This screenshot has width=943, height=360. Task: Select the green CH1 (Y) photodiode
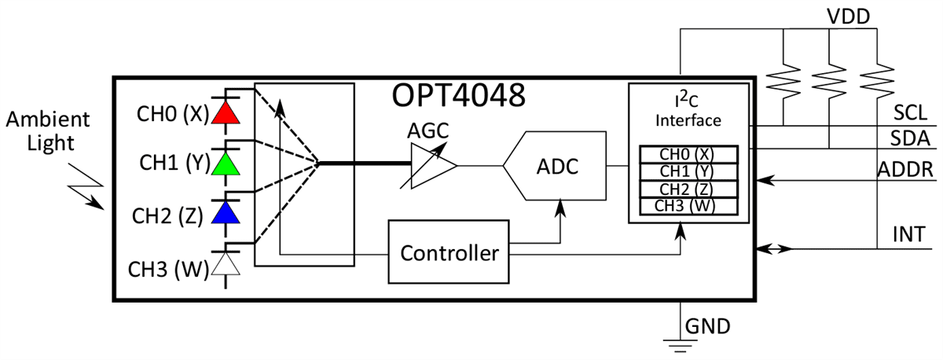(x=226, y=163)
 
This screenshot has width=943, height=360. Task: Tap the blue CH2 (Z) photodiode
(x=226, y=212)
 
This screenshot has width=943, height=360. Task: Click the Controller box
(x=449, y=253)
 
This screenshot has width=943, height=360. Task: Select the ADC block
(x=555, y=167)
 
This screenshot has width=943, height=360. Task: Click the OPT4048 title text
(x=458, y=97)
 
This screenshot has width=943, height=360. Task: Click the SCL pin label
(x=912, y=112)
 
